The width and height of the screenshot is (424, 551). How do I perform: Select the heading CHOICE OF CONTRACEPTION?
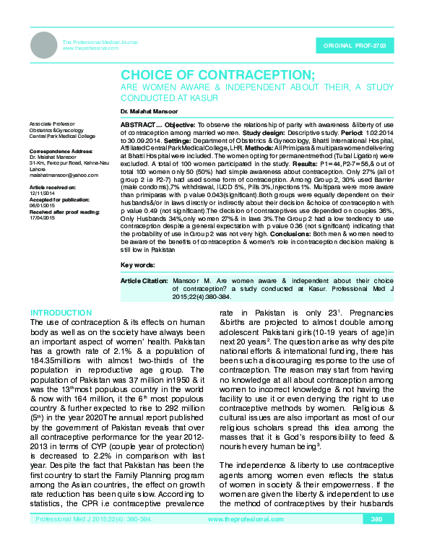217,76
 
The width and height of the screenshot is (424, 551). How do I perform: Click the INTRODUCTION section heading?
61,313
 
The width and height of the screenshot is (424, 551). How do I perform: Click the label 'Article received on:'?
50,186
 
